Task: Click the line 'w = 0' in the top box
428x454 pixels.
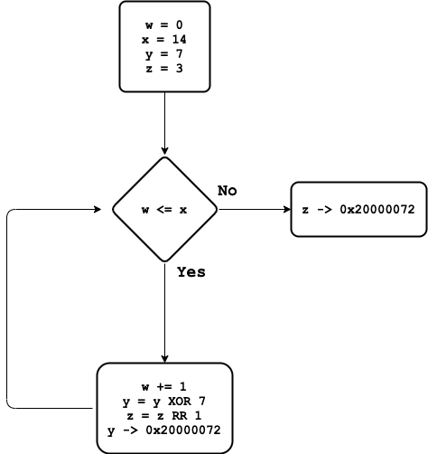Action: [x=164, y=25]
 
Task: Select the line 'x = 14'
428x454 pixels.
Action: [x=164, y=40]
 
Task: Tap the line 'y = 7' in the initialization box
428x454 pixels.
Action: [x=164, y=54]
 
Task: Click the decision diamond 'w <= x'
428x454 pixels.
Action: [x=164, y=210]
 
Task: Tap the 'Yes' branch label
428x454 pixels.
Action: [x=191, y=271]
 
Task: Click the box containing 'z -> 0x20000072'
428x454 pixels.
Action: [x=358, y=210]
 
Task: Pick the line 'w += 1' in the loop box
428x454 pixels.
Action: [x=164, y=386]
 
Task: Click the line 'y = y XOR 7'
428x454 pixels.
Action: [x=164, y=401]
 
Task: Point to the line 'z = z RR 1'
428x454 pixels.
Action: [x=164, y=415]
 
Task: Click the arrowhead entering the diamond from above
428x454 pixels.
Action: [x=164, y=150]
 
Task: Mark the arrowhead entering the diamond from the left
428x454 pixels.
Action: [x=106, y=210]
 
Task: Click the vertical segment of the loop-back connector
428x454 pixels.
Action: [x=7, y=307]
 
